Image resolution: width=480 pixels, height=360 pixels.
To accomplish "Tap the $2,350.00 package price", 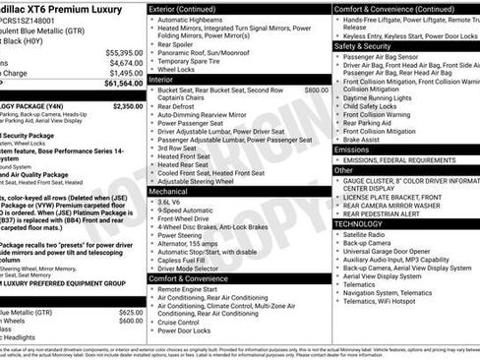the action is [127, 105].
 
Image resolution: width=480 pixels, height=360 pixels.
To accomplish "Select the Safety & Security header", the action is [363, 45].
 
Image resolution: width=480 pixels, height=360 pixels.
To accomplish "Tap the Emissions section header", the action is [353, 149].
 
